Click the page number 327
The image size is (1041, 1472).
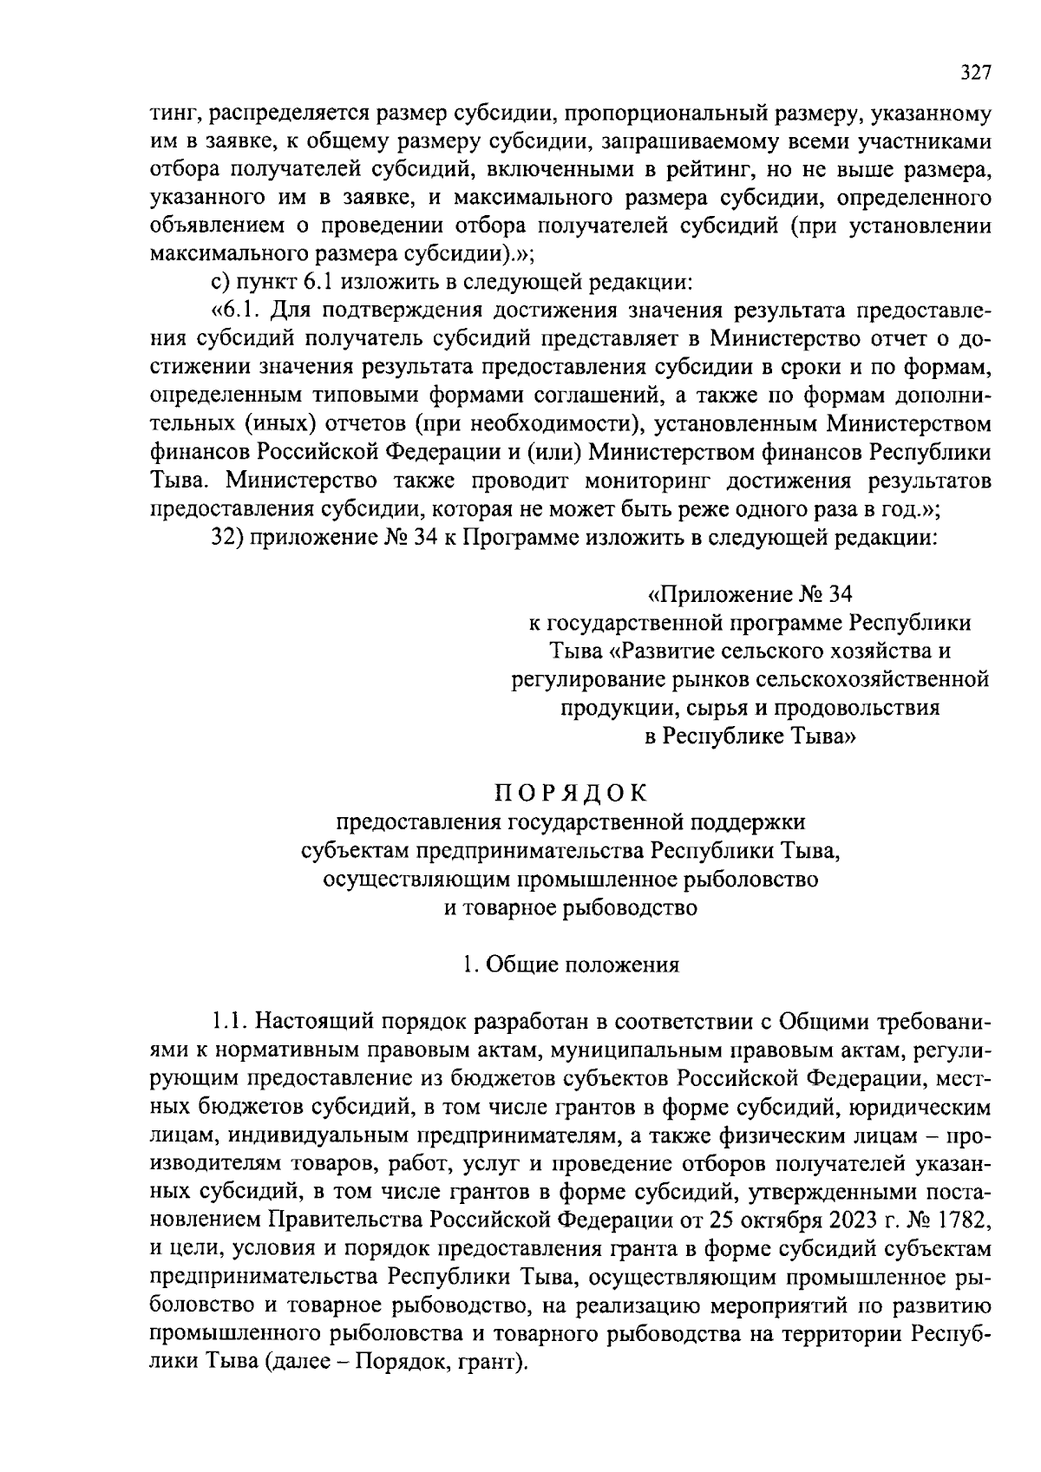974,75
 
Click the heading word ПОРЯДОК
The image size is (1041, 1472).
571,793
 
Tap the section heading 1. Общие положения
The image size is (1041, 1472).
570,965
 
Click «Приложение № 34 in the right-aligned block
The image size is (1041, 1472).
751,595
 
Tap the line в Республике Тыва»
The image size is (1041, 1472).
751,736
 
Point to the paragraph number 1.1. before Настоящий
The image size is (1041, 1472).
230,1021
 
